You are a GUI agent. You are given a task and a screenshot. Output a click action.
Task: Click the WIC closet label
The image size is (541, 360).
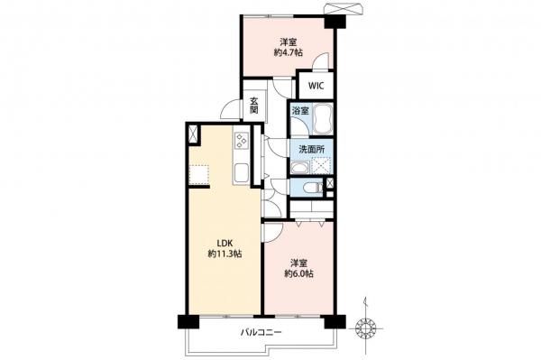pos(316,86)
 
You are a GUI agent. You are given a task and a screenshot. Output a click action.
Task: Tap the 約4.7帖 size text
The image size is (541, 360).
pos(289,53)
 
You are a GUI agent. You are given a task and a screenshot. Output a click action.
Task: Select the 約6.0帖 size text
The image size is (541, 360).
pos(298,274)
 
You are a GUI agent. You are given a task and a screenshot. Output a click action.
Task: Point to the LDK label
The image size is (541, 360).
pos(225,244)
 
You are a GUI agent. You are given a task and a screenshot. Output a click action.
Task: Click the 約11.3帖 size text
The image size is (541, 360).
pos(225,254)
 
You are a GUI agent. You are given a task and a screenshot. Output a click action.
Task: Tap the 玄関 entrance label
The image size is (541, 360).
pos(254,106)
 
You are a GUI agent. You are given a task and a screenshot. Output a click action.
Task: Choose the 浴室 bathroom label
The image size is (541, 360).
pos(300,111)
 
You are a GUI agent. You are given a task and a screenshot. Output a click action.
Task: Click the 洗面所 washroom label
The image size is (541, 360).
pos(311,150)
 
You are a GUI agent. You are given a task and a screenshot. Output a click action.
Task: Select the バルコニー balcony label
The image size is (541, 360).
pos(261,333)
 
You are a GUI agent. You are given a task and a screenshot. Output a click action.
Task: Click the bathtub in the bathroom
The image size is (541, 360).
pos(323,119)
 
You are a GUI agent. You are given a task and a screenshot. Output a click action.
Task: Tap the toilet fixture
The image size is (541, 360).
pos(312,188)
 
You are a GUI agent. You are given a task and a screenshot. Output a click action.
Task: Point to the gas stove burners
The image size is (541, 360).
pos(240,141)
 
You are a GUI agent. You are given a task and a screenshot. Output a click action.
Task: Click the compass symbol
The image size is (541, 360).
pos(365,327)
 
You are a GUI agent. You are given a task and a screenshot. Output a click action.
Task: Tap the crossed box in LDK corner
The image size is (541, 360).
pos(193,134)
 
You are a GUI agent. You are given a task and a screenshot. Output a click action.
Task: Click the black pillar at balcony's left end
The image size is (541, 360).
pos(188,321)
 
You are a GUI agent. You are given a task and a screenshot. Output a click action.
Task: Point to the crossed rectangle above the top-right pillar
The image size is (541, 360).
pos(344,9)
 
